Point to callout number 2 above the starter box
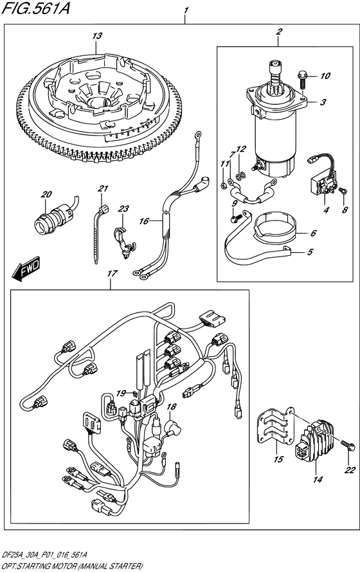[279, 32]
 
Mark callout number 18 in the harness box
[171, 408]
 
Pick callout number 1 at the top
[186, 11]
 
